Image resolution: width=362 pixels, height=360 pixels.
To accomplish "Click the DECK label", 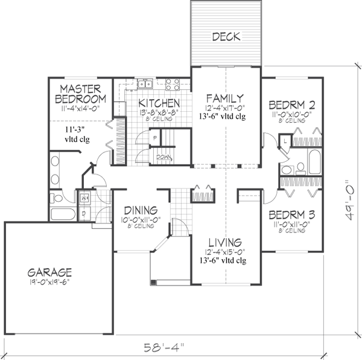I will [x=226, y=37].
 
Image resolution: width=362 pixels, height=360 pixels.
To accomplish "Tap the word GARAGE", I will [x=49, y=272].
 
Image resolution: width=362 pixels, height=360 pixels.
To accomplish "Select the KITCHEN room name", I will [x=159, y=103].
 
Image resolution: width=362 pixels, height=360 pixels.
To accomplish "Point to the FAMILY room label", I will [x=224, y=98].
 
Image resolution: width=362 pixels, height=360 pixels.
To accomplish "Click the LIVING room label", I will [x=224, y=242].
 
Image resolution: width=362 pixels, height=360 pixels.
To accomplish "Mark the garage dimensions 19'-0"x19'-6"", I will [x=49, y=282].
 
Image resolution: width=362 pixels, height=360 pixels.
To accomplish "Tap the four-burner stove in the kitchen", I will [x=171, y=85].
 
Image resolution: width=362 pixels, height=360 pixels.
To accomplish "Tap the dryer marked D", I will [x=84, y=212].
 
